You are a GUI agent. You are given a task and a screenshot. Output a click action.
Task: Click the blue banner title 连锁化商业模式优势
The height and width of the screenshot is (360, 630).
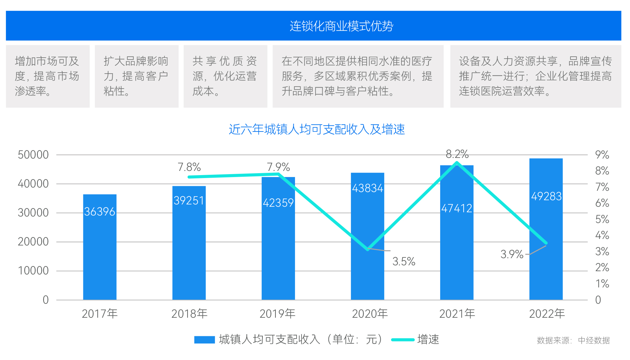tap(341, 26)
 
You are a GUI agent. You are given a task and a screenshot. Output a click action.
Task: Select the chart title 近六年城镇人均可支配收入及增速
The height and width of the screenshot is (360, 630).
tap(316, 130)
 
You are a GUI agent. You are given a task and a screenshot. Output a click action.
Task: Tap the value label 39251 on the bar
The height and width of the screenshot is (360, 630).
tap(189, 201)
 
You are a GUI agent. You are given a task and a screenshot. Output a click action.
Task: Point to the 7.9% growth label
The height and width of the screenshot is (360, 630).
tap(278, 167)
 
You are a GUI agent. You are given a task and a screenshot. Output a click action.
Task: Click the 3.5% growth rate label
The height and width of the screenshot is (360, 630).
tap(404, 261)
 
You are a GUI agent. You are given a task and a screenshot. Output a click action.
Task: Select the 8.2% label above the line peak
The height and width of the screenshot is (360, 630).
tap(457, 154)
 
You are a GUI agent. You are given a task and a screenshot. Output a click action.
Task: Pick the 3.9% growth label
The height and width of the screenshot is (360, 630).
tap(512, 254)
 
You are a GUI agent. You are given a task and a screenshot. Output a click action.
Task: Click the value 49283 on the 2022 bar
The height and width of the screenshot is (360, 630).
tap(546, 196)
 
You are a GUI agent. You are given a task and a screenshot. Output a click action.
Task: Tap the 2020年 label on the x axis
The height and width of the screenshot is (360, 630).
tap(370, 314)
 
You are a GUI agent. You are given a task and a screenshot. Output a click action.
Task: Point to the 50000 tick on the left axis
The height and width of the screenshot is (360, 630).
tap(33, 155)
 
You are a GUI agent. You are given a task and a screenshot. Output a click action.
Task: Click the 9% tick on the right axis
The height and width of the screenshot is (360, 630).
tap(602, 155)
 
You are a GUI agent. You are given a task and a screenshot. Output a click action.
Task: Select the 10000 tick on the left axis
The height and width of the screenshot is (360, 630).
tap(33, 270)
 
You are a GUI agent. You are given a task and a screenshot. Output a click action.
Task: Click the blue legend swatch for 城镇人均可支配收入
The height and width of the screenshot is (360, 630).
tap(204, 339)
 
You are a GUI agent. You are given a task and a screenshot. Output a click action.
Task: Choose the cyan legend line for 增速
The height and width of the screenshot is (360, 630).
tap(403, 339)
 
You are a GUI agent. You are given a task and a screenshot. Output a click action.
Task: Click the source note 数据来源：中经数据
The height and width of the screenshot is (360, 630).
tap(573, 340)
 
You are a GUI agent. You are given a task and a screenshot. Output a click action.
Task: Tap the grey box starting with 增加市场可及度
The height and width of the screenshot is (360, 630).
tap(48, 76)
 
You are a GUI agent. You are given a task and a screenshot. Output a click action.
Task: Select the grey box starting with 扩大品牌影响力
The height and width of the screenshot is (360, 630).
tap(136, 76)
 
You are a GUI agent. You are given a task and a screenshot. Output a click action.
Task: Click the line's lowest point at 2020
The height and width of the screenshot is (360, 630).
tap(368, 249)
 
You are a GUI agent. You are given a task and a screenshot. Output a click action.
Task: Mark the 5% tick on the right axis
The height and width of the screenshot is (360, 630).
tap(602, 219)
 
